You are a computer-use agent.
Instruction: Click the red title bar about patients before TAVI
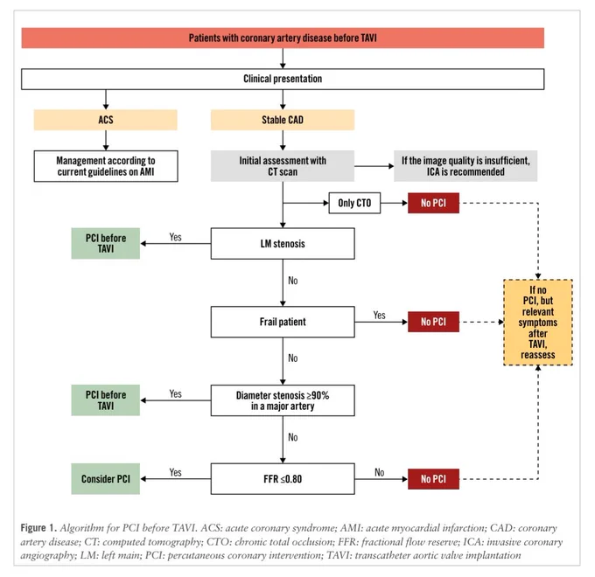[283, 38]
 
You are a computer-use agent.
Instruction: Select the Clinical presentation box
[283, 79]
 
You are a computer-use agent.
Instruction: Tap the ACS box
[106, 120]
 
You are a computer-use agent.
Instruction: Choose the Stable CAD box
[283, 120]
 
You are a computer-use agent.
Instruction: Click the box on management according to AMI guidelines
[106, 166]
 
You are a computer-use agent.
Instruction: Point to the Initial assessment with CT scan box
[283, 166]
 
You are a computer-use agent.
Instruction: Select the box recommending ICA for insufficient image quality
[465, 166]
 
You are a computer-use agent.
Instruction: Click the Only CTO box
[354, 203]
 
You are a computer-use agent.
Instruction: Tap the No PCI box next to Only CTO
[433, 203]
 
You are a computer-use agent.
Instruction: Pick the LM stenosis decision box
[283, 243]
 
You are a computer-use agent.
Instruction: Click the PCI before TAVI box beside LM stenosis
[106, 243]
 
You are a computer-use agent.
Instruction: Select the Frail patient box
[283, 322]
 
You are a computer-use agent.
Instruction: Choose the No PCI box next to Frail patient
[433, 322]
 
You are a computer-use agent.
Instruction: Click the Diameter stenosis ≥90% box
[283, 400]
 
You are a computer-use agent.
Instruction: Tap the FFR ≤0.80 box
[283, 479]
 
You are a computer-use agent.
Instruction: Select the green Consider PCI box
[106, 479]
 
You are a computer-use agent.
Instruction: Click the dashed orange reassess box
[538, 323]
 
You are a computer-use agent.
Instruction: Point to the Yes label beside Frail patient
[379, 316]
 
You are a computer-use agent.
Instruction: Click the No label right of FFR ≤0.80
[379, 472]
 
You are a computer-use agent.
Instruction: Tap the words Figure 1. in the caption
[38, 528]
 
